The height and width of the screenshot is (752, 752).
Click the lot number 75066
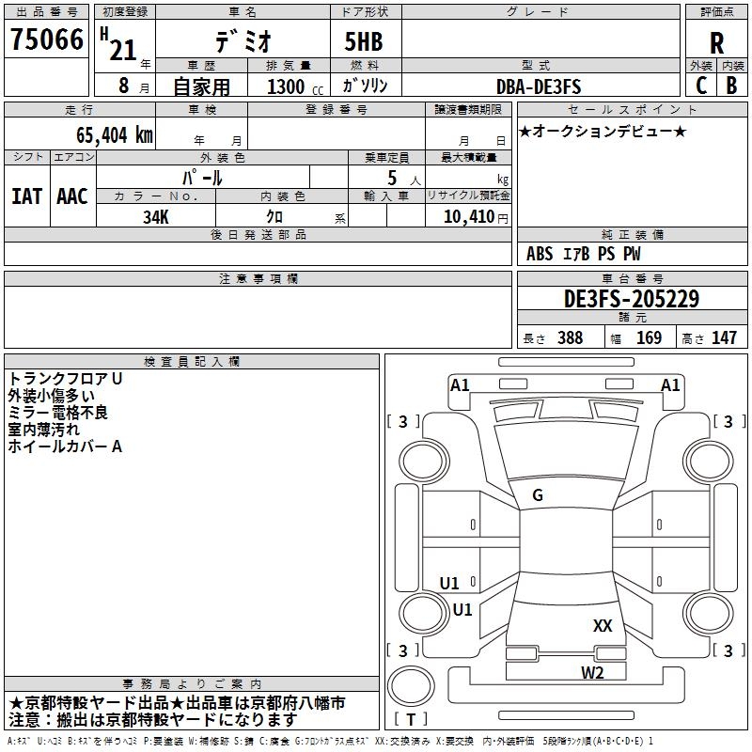[47, 39]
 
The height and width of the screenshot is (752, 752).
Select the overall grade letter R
[716, 43]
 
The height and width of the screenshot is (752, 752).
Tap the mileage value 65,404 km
[115, 135]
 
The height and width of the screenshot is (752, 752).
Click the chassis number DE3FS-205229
[632, 299]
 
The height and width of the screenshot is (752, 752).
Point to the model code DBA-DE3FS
[539, 86]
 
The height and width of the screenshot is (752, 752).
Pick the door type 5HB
[364, 41]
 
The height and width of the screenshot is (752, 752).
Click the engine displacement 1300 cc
[295, 86]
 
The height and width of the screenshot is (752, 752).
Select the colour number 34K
[156, 217]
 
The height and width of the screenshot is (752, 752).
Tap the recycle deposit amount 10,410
[469, 216]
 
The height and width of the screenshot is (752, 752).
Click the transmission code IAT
[27, 196]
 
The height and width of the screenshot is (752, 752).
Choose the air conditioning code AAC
[72, 196]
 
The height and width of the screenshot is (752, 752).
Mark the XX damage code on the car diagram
[603, 626]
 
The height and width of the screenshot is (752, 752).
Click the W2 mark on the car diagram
[592, 673]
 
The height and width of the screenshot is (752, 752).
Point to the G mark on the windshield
[538, 495]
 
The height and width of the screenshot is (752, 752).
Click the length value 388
[571, 337]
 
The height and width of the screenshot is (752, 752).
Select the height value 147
[724, 337]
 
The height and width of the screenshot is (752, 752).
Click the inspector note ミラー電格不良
[57, 413]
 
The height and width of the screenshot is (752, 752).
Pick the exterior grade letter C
[701, 86]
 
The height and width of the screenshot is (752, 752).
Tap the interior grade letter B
[731, 86]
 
